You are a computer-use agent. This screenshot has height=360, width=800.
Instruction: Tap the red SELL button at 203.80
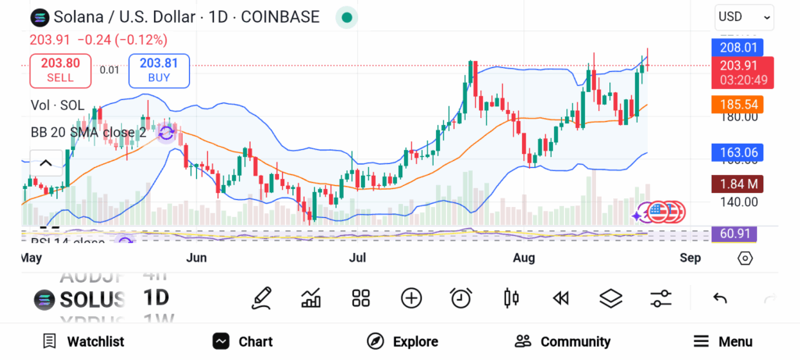coord(60,70)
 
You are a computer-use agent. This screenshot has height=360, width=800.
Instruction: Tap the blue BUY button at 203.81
coord(159,70)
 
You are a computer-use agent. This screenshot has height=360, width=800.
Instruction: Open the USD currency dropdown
coord(744,16)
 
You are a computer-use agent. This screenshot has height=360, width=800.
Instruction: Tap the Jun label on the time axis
coord(197,257)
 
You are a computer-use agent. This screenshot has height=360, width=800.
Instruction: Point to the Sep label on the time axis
coord(690,257)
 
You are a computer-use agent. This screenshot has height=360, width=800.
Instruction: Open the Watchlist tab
coord(83,341)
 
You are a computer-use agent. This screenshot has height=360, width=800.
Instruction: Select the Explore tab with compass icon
coord(402,341)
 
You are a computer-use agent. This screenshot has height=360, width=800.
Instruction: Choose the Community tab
coord(562,341)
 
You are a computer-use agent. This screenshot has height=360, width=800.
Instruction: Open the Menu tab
coord(723,341)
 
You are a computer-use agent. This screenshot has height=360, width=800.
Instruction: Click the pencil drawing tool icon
coord(262,298)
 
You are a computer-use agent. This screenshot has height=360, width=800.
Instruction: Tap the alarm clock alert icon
coord(461,298)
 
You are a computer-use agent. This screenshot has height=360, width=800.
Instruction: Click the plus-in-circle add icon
coord(411,298)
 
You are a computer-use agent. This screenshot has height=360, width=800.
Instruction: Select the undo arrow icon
coord(720,298)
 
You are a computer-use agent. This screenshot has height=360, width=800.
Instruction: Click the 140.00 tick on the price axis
coord(737,201)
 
